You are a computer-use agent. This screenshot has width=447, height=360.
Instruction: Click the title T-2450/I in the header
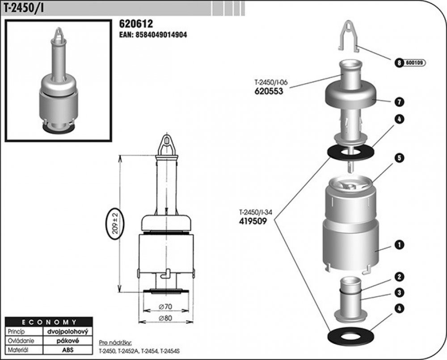(24, 8)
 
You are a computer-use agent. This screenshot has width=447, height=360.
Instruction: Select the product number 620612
(136, 23)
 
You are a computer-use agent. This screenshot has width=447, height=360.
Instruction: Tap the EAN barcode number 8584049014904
(161, 35)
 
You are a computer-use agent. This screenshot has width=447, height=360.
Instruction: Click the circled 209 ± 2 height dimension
(115, 224)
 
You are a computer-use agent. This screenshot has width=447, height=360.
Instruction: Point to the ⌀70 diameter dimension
(166, 307)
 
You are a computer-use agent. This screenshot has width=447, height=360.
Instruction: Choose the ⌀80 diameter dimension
(166, 318)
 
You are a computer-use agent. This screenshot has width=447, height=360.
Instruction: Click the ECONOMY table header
(49, 322)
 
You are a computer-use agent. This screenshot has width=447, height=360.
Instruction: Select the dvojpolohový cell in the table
(68, 331)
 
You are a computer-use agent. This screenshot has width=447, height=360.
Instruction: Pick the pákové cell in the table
(68, 341)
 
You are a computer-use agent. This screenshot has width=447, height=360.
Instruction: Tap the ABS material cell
(68, 350)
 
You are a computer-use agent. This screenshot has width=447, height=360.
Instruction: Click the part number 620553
(269, 91)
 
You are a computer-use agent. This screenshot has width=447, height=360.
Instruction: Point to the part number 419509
(253, 221)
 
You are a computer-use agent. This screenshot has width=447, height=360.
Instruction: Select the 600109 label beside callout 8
(414, 63)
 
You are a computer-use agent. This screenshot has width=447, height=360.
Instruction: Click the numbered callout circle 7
(399, 102)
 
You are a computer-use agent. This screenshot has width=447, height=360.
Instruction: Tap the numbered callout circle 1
(399, 245)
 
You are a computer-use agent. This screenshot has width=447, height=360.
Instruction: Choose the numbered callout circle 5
(399, 158)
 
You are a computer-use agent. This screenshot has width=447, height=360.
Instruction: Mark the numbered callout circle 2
(399, 277)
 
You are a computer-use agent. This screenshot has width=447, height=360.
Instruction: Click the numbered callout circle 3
(399, 292)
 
